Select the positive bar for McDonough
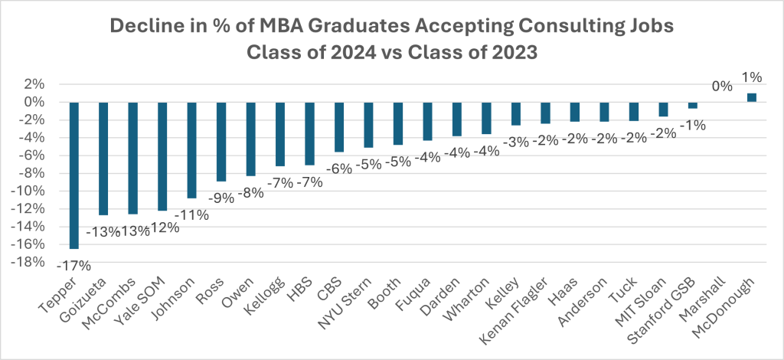click(751, 97)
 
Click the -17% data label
click(73, 266)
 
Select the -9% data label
click(221, 198)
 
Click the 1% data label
click(751, 77)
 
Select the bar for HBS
click(309, 133)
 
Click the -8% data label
click(250, 192)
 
